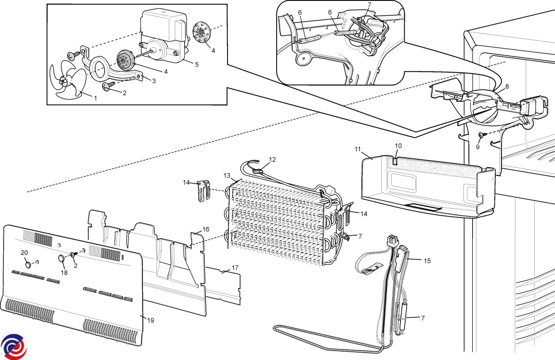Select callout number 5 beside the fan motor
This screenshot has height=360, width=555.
tap(197, 64)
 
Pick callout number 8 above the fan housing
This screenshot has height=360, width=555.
tap(507, 86)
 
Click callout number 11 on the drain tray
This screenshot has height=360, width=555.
tap(358, 149)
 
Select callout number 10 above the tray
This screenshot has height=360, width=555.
tap(398, 146)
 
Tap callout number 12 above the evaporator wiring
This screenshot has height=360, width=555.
tap(272, 160)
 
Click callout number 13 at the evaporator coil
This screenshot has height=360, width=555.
tap(227, 175)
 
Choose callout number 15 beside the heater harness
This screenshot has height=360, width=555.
tap(427, 261)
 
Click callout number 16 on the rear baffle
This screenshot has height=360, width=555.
tap(206, 229)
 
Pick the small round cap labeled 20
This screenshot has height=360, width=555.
tap(29, 264)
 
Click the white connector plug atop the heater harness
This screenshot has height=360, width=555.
tap(393, 241)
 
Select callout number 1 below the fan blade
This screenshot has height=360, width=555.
tap(96, 98)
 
